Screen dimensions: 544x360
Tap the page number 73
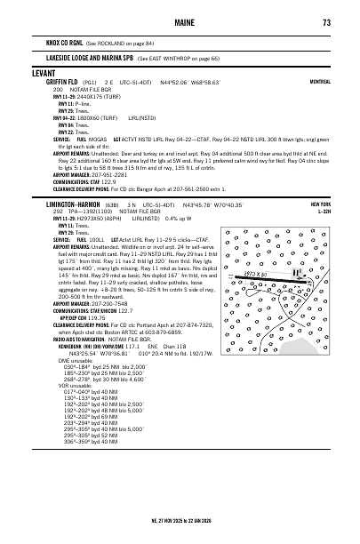(327, 22)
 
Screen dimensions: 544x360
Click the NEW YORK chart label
(321, 204)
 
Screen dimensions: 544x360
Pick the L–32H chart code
(323, 212)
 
